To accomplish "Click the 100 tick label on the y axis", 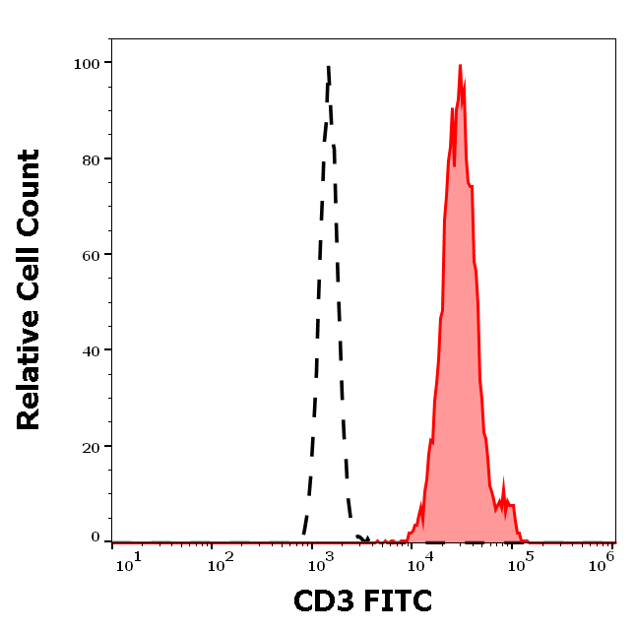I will pos(86,63).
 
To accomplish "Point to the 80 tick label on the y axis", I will pos(90,158).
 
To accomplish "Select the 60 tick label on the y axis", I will pos(90,255).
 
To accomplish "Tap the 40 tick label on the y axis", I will pos(90,350).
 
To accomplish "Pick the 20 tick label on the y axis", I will pos(90,446).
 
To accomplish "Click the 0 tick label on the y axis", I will pos(95,537).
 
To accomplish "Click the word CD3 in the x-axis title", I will pos(326,600).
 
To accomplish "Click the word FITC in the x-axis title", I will pos(398,600).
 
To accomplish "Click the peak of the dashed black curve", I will pos(328,66).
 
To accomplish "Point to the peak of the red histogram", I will pos(460,66).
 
